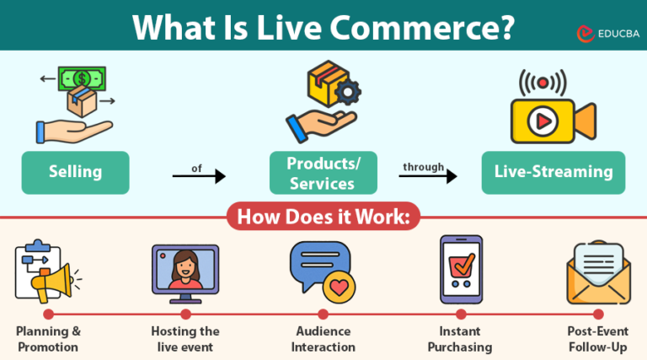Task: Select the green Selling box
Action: (75, 172)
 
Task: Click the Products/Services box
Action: (323, 172)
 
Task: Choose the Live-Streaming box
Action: (553, 172)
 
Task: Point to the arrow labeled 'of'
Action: (199, 175)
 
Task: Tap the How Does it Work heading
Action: (323, 218)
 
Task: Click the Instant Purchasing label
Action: (460, 339)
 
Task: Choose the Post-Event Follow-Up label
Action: (597, 339)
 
